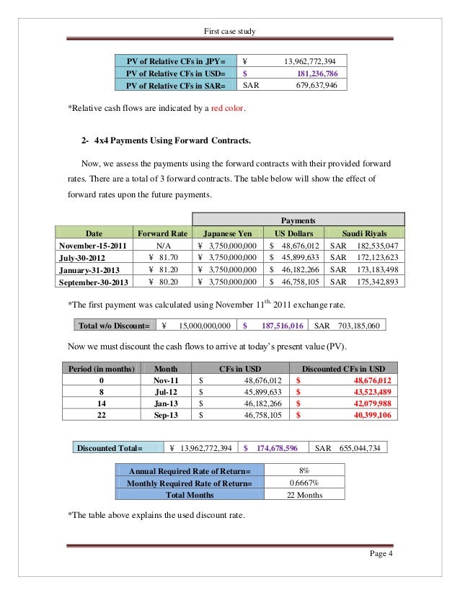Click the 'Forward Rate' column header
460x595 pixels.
pos(162,233)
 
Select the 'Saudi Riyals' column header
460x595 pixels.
pos(366,233)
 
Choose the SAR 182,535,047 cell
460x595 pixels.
pos(366,246)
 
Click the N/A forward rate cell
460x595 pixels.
pos(162,246)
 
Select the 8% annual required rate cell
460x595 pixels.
pos(304,470)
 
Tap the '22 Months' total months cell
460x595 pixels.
pos(304,495)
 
